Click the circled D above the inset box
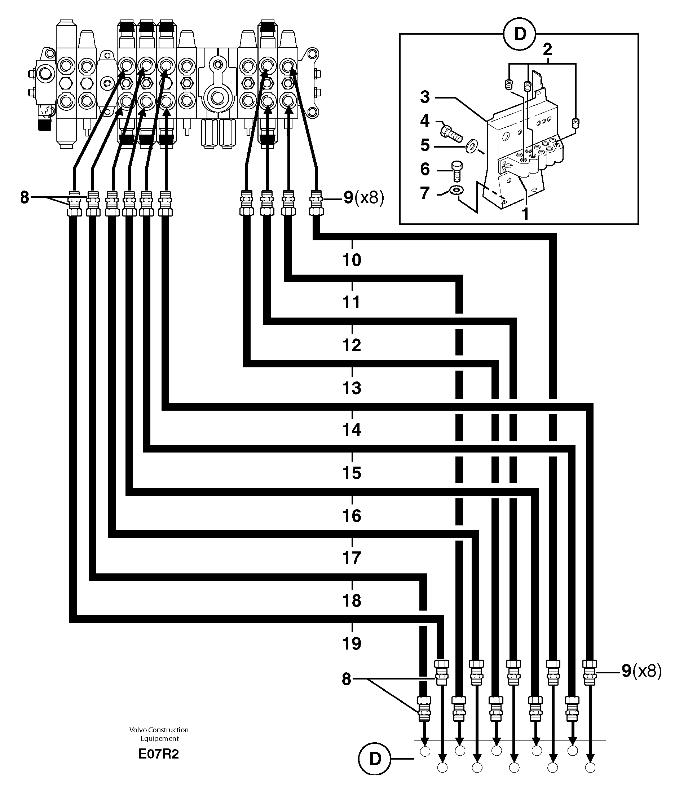point(519,34)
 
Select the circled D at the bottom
point(375,759)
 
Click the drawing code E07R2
point(159,754)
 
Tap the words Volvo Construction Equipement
point(159,734)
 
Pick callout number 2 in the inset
point(547,49)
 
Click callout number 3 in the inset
point(425,97)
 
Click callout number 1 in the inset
point(525,213)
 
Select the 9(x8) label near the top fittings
point(363,198)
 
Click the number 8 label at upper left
point(25,198)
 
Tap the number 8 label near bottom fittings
point(346,679)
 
